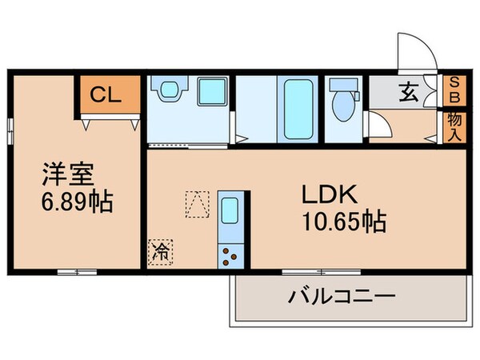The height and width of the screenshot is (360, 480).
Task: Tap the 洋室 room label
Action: coord(63,174)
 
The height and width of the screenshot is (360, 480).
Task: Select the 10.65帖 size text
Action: coord(342,220)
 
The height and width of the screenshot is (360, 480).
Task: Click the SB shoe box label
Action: coord(454,89)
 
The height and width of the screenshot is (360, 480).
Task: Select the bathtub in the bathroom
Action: coord(294,110)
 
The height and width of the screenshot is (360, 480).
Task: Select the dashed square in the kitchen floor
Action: coord(196,203)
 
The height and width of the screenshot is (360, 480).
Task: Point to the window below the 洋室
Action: coord(77,273)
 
